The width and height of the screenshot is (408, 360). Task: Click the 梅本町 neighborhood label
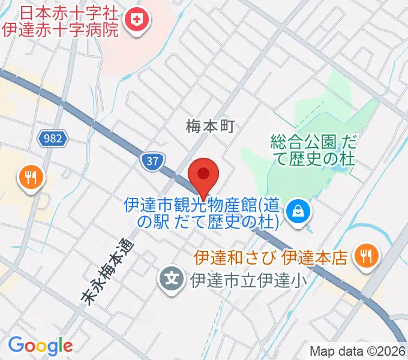(208, 127)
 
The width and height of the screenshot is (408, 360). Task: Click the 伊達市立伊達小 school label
(244, 279)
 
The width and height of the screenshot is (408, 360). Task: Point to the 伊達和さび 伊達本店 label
(271, 258)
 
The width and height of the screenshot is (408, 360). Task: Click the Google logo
(40, 345)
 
